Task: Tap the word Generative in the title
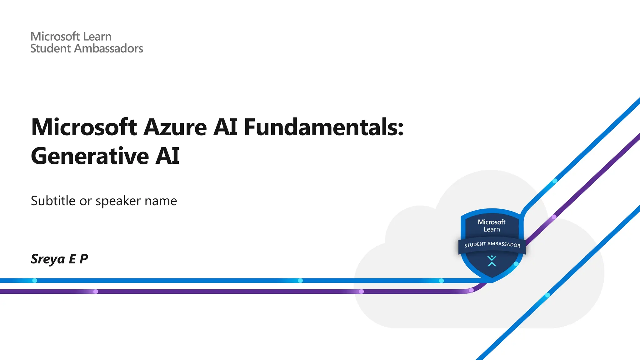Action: pos(90,156)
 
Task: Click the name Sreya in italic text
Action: pos(47,259)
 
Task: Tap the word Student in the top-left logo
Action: pos(50,48)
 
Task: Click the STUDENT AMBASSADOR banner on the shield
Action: pos(492,244)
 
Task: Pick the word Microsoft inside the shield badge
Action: pos(491,222)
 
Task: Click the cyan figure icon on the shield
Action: pos(492,261)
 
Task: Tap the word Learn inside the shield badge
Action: pos(492,229)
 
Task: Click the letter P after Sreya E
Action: pos(83,259)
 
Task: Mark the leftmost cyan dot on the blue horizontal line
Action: pos(35,281)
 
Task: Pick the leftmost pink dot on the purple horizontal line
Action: pos(96,292)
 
